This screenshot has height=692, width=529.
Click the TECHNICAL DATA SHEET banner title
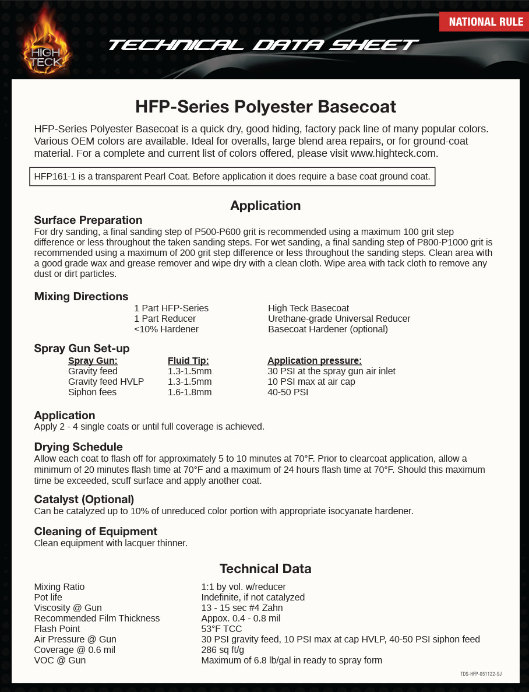point(263,45)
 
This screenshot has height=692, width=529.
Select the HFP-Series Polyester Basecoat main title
point(265,107)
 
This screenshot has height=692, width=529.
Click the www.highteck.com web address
point(393,153)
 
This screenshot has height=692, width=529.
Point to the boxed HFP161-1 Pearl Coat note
point(232,177)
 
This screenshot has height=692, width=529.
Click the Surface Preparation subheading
point(88,220)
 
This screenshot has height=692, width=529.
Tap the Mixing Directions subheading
point(81,296)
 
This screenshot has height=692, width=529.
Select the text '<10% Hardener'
point(166,329)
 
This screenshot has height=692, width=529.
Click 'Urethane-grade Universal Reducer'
point(339,318)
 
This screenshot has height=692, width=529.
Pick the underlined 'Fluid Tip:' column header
point(188,360)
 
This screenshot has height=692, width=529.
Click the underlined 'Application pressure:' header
point(315,360)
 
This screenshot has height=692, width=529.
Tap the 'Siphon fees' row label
point(92,392)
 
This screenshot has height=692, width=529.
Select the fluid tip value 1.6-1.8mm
point(189,392)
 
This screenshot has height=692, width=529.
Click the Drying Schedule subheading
point(78,447)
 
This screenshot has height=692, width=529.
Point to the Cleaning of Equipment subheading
point(96,531)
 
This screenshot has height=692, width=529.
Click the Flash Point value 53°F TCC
point(221,628)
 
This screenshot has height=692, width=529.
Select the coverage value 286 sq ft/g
point(223,649)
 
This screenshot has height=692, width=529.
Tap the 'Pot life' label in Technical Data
point(48,597)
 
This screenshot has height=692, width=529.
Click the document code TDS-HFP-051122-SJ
point(481,674)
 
